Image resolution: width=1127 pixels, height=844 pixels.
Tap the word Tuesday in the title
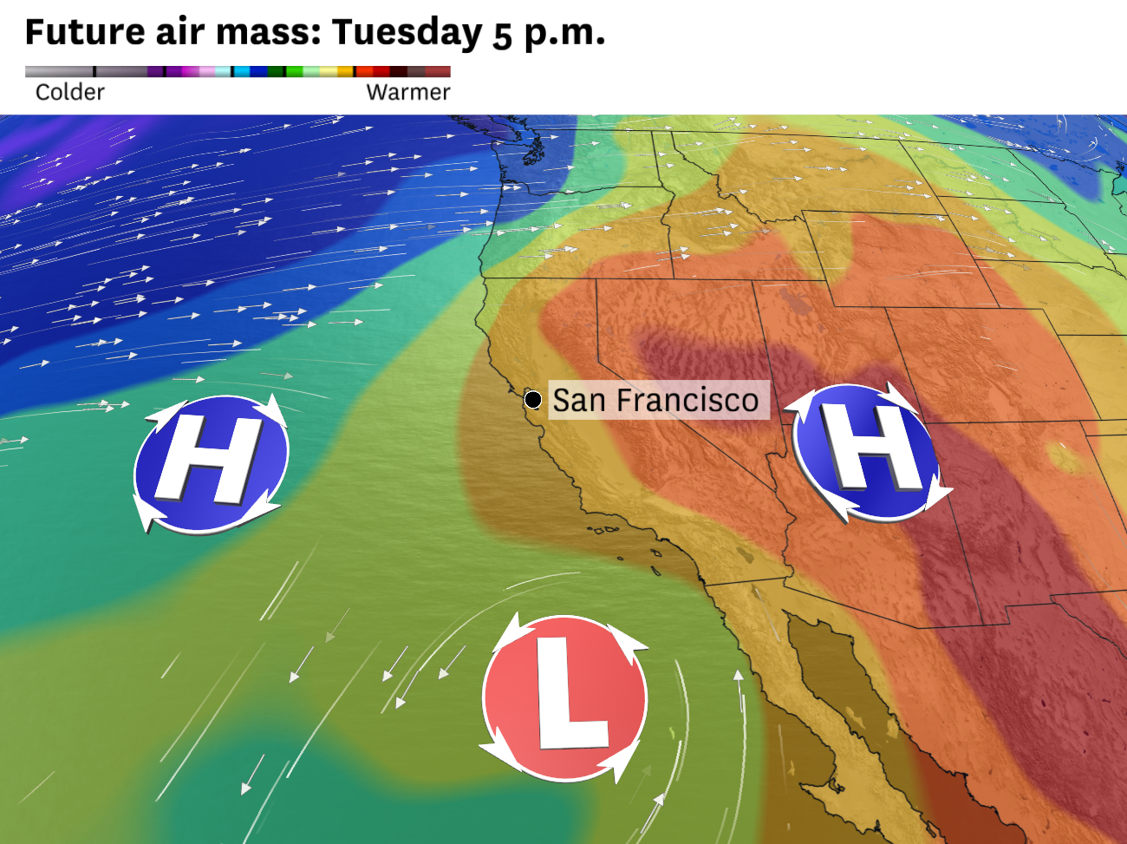click(x=407, y=32)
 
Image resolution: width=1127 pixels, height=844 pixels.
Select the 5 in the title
click(x=503, y=35)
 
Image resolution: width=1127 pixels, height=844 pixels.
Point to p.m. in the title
click(x=564, y=34)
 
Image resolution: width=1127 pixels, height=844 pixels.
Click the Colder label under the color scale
click(x=69, y=92)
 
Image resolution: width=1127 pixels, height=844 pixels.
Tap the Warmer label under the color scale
click(x=407, y=92)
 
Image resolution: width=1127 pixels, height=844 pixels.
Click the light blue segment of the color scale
click(x=223, y=72)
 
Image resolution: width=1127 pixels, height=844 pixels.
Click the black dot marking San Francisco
click(x=533, y=400)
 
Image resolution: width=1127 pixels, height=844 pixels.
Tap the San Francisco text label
click(x=655, y=400)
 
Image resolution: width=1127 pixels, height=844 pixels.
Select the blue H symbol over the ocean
click(x=211, y=464)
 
